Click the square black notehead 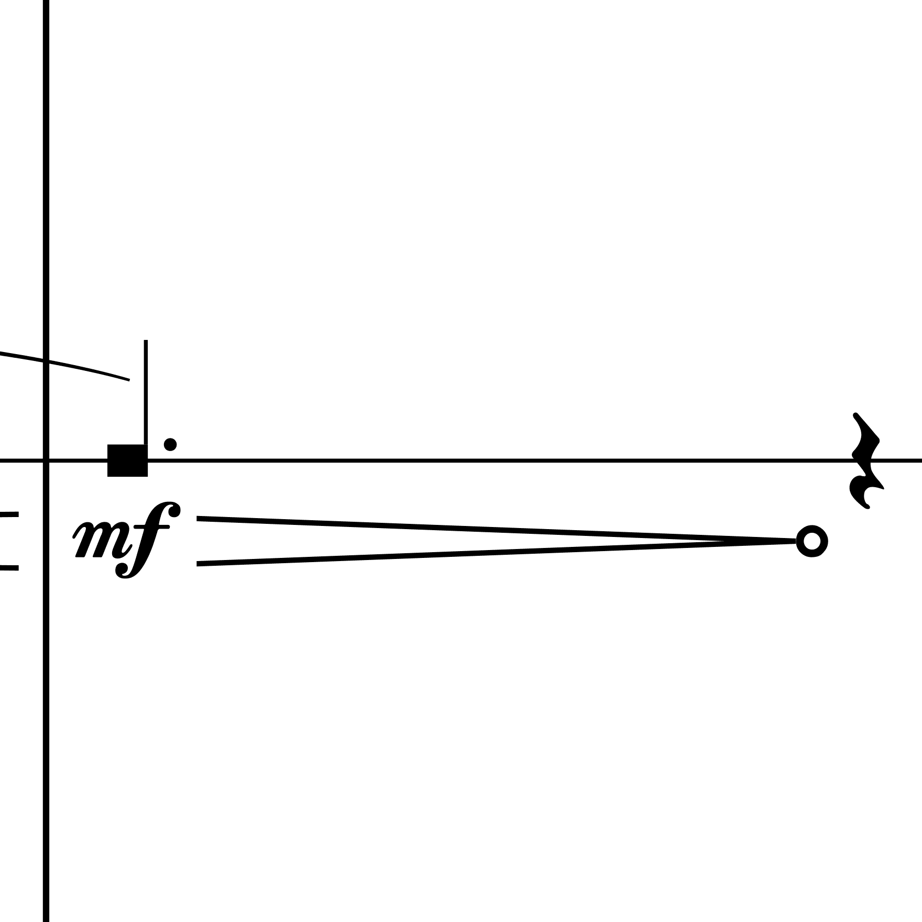point(127,460)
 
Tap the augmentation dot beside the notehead point(170,444)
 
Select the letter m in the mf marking point(100,539)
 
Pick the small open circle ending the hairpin point(811,541)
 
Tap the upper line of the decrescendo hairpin point(497,530)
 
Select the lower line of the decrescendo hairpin point(497,553)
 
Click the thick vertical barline point(46,461)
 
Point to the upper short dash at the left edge point(9,514)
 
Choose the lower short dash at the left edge point(9,567)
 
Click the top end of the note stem point(146,341)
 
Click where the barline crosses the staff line point(46,460)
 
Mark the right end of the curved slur point(128,379)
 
